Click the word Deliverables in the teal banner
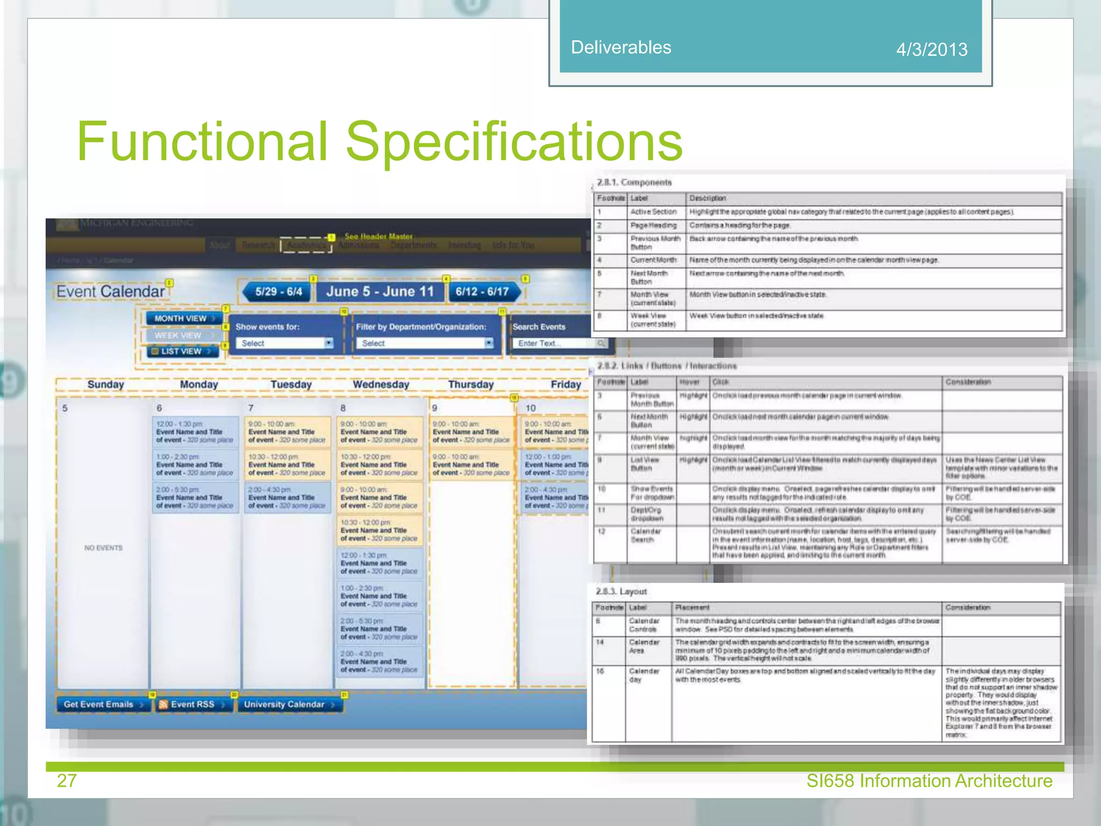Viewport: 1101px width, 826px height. click(x=621, y=47)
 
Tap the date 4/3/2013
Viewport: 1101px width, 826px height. click(x=932, y=49)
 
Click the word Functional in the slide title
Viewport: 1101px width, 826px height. click(x=202, y=141)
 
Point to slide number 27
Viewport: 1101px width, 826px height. click(x=67, y=780)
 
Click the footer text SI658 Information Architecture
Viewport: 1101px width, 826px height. click(x=929, y=780)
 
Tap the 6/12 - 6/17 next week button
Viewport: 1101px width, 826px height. click(x=483, y=291)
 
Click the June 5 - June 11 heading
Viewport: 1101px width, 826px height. click(x=380, y=291)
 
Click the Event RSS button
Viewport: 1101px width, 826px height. click(x=192, y=704)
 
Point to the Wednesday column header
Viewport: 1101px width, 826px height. click(x=381, y=384)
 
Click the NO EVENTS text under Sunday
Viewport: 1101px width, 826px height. click(x=103, y=548)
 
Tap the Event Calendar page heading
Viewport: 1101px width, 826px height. click(x=110, y=291)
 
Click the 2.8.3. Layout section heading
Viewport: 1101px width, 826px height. click(x=621, y=592)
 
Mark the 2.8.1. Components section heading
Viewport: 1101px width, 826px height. click(x=634, y=182)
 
